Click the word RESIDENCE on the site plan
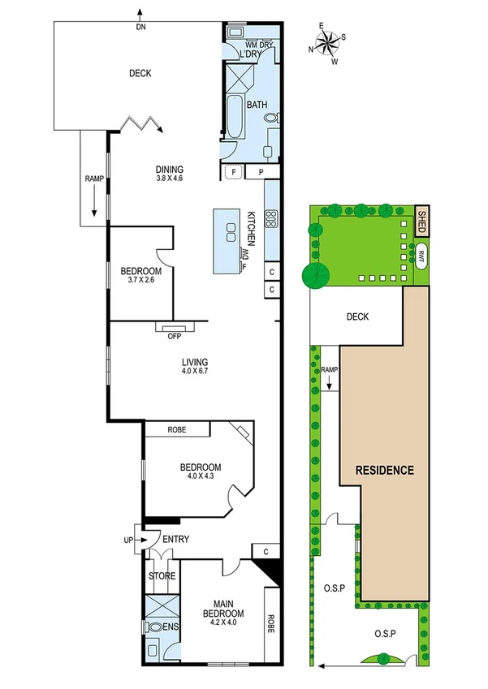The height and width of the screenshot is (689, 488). pyautogui.click(x=384, y=470)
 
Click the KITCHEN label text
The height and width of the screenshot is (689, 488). pyautogui.click(x=252, y=228)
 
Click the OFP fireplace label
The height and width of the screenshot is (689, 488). pyautogui.click(x=174, y=336)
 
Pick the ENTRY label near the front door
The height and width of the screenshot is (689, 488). pyautogui.click(x=176, y=539)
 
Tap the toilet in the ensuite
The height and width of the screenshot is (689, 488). pyautogui.click(x=155, y=627)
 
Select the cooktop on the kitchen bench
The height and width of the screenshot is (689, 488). pyautogui.click(x=272, y=217)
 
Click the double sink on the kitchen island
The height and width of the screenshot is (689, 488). pyautogui.click(x=230, y=227)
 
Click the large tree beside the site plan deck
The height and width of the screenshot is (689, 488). pyautogui.click(x=313, y=276)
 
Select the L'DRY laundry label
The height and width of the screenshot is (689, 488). pyautogui.click(x=251, y=54)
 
